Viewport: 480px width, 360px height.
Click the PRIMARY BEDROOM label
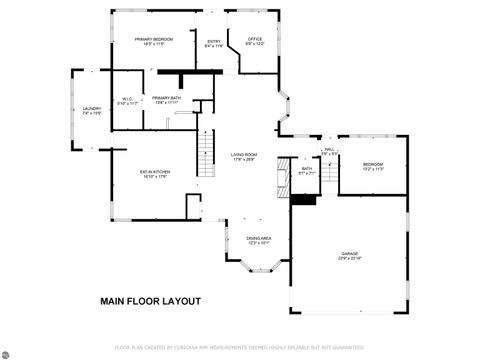154,41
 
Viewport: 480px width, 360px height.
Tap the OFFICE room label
255,41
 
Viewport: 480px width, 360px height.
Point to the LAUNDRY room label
92,111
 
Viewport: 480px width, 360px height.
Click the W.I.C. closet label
127,100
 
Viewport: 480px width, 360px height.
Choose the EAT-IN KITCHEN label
155,174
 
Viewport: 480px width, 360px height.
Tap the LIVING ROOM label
244,156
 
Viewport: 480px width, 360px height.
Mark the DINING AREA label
258,239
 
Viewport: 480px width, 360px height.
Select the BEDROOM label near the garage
372,166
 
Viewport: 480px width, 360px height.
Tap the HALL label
328,151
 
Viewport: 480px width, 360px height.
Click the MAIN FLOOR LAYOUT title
150,301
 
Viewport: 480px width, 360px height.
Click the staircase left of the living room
205,154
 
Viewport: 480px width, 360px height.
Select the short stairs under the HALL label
328,175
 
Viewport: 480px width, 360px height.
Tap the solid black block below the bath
303,199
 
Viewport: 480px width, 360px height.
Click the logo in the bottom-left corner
7,353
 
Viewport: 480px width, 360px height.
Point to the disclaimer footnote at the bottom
240,347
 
